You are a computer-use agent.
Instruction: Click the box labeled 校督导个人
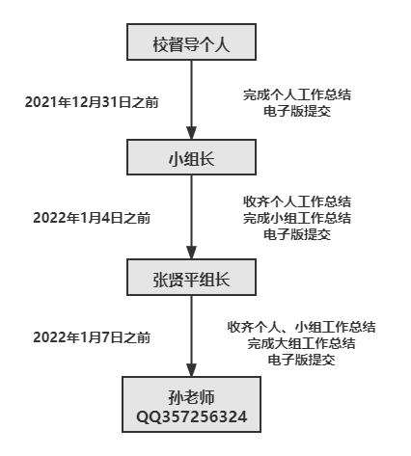tap(191, 41)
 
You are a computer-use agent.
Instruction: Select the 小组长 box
tap(191, 157)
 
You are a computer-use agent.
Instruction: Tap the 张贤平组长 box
tap(191, 277)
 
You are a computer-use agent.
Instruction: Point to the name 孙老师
tap(191, 397)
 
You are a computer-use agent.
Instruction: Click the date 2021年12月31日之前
tap(92, 102)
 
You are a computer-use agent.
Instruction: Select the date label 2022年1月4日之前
tap(92, 218)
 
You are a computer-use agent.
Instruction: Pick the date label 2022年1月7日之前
tap(92, 337)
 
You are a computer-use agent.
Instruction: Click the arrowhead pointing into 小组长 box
tap(192, 133)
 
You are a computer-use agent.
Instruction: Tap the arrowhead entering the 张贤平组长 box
tap(192, 253)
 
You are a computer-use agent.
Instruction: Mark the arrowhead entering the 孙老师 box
tap(192, 370)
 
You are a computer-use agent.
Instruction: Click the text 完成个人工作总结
tap(297, 94)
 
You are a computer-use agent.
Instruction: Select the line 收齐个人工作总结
tap(297, 201)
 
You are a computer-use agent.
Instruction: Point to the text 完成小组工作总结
tap(297, 218)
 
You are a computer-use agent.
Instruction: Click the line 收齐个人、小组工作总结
tap(301, 327)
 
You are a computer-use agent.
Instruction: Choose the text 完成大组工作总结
tap(301, 343)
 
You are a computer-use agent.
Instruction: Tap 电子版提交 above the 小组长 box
tap(297, 111)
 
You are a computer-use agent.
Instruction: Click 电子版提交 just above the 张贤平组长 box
tap(297, 234)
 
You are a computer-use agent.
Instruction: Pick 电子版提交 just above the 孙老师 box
tap(301, 360)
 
